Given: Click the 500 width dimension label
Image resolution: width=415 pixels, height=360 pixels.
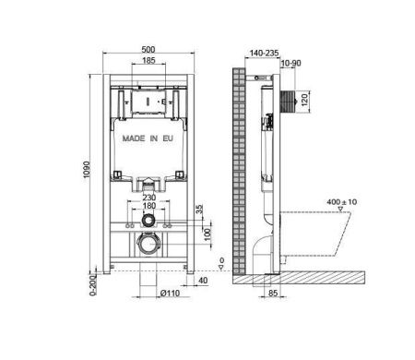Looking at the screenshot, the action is click(148, 49).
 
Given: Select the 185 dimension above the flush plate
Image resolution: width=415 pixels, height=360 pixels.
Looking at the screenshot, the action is click(148, 60).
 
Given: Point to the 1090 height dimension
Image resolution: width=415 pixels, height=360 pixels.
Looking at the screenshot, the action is click(87, 170).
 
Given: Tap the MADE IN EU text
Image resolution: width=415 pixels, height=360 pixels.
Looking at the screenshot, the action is click(148, 138).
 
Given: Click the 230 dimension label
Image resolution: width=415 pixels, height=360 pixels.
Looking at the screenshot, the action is click(149, 198).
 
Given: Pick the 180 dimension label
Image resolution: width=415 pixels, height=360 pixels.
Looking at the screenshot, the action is click(149, 206).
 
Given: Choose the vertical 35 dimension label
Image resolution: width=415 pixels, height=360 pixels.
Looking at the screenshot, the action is click(199, 210).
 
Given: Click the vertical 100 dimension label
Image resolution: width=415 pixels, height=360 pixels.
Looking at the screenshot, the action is click(207, 234).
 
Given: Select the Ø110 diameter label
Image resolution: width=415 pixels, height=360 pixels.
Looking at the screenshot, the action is click(170, 294).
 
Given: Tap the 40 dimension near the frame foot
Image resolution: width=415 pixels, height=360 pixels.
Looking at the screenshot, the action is click(203, 281).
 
